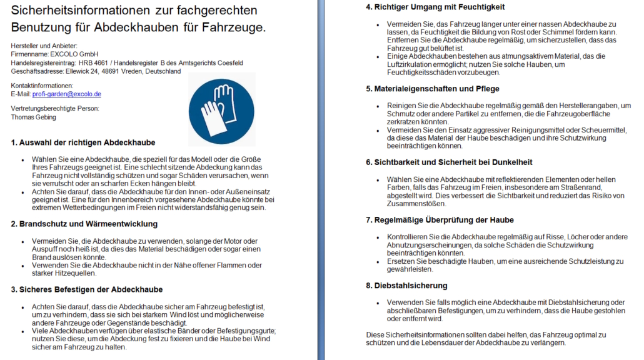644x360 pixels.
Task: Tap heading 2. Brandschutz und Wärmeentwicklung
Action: click(x=84, y=224)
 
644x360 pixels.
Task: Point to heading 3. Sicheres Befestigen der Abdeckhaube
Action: click(x=87, y=289)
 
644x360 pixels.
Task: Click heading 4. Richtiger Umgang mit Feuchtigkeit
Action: click(x=435, y=7)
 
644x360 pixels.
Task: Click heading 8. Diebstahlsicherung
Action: click(x=406, y=286)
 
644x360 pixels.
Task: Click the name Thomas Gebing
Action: click(x=34, y=117)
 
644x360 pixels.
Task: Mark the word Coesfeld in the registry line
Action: click(x=228, y=63)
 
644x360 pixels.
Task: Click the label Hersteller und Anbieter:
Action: click(x=44, y=46)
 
